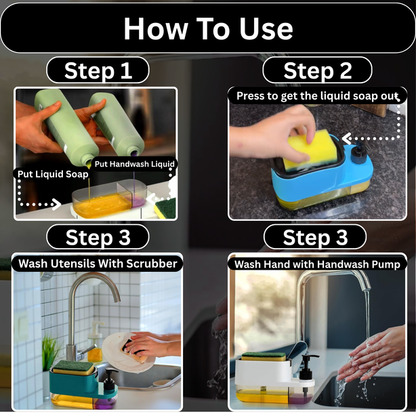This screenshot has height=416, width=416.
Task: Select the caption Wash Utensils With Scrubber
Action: point(97,263)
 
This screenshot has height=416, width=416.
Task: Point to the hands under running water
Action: point(374,357)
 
